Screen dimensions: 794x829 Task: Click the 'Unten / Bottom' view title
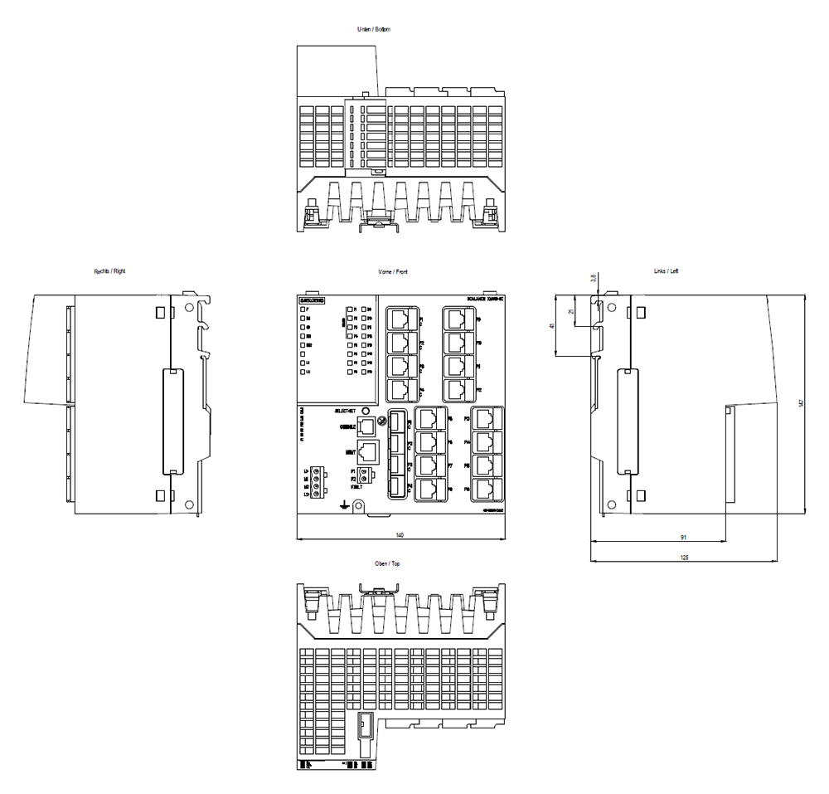[373, 29]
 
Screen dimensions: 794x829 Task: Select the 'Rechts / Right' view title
[110, 271]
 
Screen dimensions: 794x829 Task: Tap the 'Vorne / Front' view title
[393, 272]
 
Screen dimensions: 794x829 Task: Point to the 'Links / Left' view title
[667, 271]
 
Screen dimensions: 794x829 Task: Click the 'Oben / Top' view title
[389, 563]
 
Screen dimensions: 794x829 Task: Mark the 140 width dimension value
[400, 535]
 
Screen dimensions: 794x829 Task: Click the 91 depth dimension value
[681, 537]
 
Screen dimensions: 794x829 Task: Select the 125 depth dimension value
[684, 558]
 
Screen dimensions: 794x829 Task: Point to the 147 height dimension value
[801, 403]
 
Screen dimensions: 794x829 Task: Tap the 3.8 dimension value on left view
[594, 278]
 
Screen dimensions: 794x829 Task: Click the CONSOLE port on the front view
[367, 427]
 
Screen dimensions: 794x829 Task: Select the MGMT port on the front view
[369, 453]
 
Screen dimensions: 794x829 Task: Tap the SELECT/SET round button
[366, 411]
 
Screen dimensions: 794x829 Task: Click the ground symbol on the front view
[345, 504]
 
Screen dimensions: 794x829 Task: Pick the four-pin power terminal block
[317, 483]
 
